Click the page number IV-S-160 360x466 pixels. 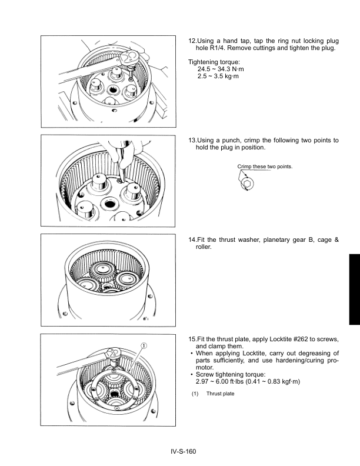(x=179, y=451)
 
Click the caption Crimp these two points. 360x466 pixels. (x=265, y=167)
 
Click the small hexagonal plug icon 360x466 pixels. (x=246, y=185)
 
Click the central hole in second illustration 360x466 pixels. (x=109, y=204)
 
